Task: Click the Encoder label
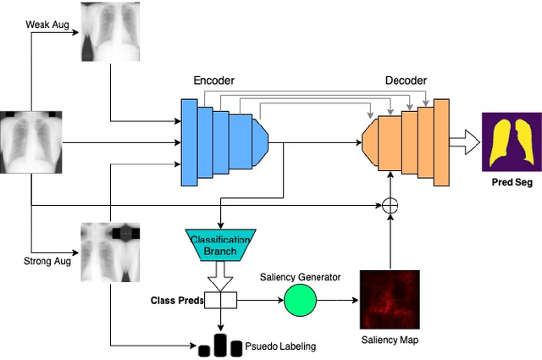(213, 80)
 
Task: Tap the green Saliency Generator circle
(300, 299)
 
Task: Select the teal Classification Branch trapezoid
(219, 246)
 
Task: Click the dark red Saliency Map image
(390, 299)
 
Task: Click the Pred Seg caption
(512, 181)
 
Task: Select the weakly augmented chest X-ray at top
(110, 31)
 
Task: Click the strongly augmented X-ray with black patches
(110, 252)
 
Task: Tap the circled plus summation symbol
(390, 205)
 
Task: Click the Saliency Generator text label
(300, 276)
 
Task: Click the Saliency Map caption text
(389, 340)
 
